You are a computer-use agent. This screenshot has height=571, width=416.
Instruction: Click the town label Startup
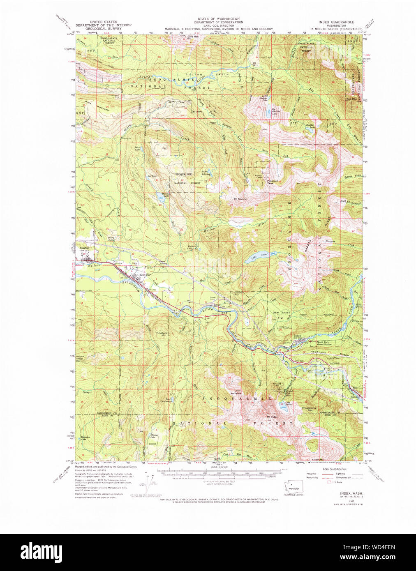(84, 248)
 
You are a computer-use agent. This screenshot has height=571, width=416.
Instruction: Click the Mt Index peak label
(272, 417)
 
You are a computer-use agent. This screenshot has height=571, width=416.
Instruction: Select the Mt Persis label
(236, 393)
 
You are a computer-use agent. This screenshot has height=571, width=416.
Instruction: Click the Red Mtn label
(352, 99)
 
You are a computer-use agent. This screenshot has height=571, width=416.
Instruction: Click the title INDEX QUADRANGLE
(336, 22)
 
